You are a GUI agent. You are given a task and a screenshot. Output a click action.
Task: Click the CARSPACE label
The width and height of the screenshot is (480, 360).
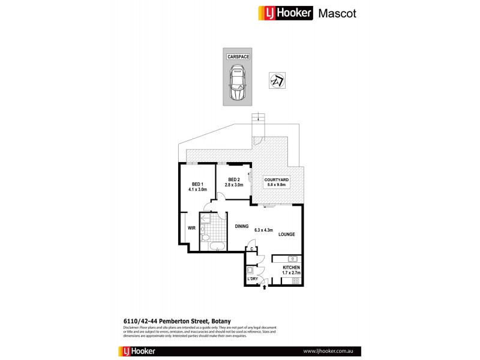238,56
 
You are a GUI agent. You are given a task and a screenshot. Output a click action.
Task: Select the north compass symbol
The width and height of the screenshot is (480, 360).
277,80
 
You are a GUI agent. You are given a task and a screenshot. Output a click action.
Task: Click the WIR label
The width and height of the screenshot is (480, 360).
191,228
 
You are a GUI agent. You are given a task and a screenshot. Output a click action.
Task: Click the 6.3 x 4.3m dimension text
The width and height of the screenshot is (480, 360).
264,230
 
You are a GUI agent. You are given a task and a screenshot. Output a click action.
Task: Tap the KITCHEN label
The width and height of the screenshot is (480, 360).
292,267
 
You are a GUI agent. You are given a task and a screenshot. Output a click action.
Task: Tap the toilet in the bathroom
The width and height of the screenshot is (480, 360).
205,239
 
